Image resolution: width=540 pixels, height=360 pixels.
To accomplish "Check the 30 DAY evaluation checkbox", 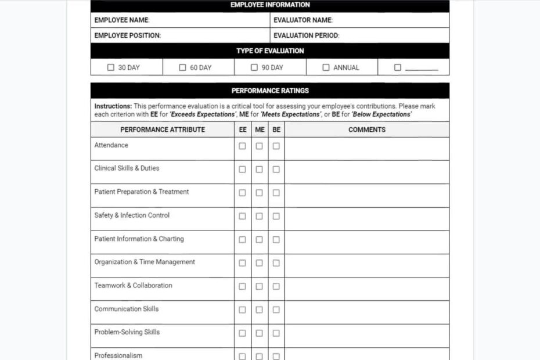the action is point(111,67).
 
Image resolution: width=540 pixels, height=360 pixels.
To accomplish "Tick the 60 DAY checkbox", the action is point(182,67).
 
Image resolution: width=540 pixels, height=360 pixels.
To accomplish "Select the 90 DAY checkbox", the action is point(254,67).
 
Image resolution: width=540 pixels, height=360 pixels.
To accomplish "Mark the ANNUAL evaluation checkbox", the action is point(326,67).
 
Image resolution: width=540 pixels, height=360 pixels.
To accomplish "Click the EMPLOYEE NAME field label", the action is point(122,20).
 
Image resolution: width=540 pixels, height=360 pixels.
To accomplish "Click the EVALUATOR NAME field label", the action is point(303,20).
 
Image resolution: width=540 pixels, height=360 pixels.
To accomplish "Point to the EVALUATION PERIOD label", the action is point(307,35).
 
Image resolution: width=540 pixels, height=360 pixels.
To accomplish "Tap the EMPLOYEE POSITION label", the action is point(128,35).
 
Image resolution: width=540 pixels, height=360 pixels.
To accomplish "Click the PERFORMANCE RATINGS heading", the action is point(270,91).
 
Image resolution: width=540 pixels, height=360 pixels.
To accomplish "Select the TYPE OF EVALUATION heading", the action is point(270,51).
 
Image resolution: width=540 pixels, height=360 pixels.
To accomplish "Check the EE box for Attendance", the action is point(242,146).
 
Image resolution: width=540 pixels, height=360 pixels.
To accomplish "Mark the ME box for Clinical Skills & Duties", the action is point(259,170).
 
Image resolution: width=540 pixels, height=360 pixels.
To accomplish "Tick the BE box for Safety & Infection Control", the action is point(276,216).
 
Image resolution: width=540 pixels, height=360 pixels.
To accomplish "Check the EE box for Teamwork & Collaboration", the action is point(242,286).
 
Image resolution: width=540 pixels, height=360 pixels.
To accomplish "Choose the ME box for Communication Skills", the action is point(259,309).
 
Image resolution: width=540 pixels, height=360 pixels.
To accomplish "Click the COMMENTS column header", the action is point(367,129).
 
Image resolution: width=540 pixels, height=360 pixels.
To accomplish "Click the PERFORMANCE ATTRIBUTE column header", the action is point(163,129).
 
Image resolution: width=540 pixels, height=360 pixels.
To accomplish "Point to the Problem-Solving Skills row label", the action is point(127,332).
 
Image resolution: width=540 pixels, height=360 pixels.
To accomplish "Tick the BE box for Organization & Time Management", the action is point(276,263).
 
